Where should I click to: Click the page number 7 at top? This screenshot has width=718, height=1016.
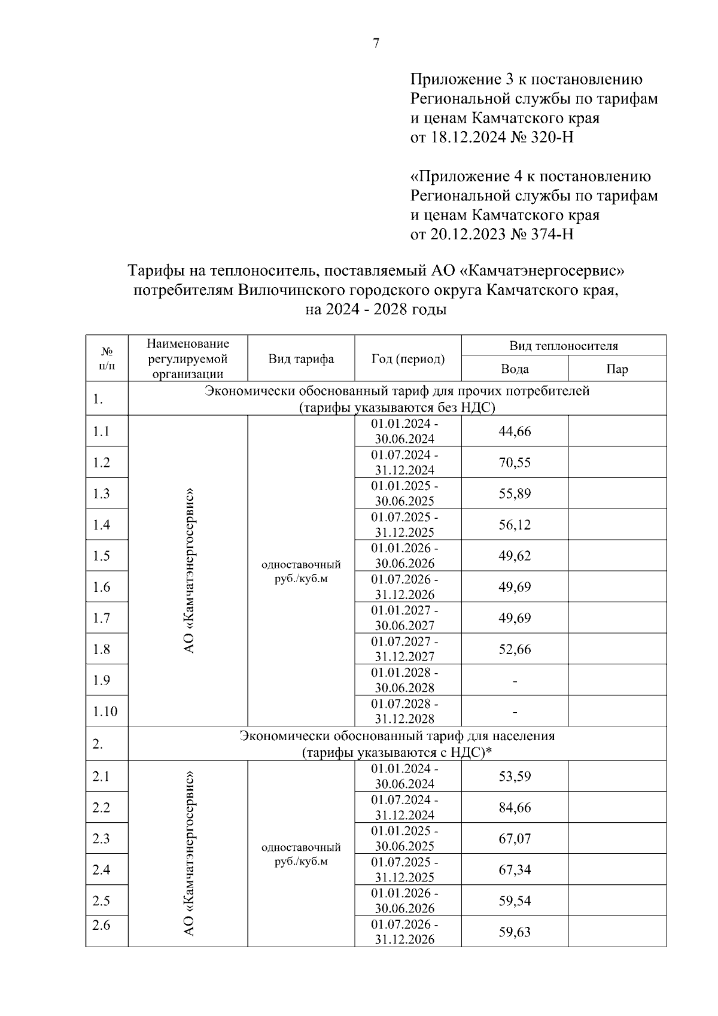coord(376,43)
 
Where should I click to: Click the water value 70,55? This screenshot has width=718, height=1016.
coord(515,463)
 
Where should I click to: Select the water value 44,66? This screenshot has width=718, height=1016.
coord(515,431)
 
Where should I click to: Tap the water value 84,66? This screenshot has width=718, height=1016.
coord(515,807)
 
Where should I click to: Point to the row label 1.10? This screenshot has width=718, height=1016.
coord(105,711)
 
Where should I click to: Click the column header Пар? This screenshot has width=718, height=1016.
coord(617,369)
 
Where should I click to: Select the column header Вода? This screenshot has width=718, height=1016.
coord(515,369)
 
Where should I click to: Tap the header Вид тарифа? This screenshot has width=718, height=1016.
coord(301,359)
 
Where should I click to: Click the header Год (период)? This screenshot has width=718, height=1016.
coord(408,359)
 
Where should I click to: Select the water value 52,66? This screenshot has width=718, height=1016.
coord(515,649)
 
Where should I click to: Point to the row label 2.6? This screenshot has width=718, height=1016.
coord(101,925)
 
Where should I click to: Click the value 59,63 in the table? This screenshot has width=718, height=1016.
coord(515,932)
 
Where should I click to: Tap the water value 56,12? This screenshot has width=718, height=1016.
coord(515,525)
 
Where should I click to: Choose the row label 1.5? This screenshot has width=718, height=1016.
coord(101,556)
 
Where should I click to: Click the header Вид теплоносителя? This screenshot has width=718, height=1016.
coord(563,346)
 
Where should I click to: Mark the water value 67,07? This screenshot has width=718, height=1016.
coord(515,838)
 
